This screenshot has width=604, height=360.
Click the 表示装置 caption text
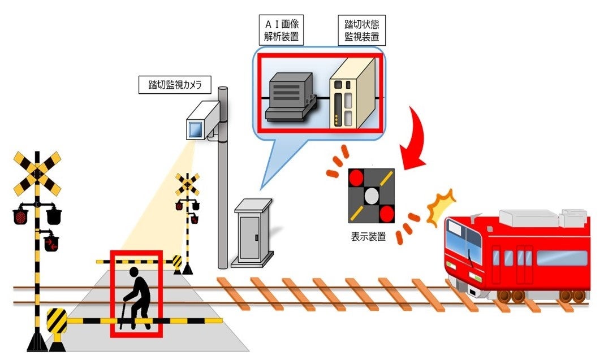[x=368, y=236]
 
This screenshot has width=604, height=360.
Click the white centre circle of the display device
[x=370, y=196]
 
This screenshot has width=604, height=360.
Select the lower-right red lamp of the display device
[x=386, y=213]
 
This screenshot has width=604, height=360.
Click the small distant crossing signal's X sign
[x=187, y=185]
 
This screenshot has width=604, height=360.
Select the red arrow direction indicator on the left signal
[x=51, y=244]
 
